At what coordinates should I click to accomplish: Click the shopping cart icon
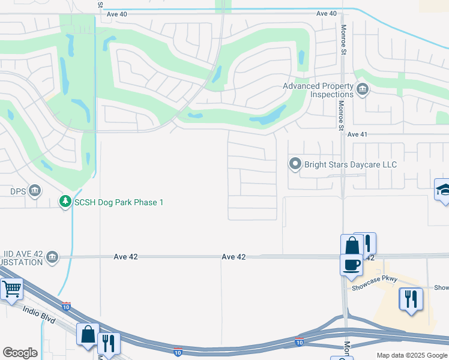(11, 290)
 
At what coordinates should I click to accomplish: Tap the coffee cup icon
(351, 264)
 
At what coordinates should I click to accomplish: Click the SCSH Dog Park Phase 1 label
(118, 202)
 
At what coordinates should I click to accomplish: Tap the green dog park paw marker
(65, 202)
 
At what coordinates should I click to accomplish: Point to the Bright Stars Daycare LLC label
(351, 164)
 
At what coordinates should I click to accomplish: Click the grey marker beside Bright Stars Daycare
(295, 164)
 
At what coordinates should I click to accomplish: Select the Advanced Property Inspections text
(318, 90)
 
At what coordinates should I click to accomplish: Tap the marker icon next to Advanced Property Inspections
(362, 91)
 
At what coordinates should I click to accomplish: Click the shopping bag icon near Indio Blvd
(88, 334)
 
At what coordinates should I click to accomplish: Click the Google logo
(20, 353)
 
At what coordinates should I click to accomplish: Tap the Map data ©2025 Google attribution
(412, 355)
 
